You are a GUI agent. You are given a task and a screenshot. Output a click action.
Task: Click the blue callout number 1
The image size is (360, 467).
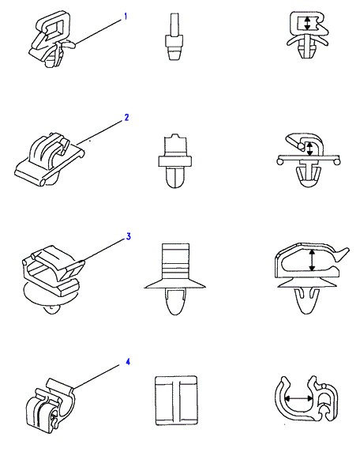click(x=126, y=17)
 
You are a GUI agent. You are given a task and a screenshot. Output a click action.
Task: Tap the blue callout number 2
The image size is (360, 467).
click(x=126, y=118)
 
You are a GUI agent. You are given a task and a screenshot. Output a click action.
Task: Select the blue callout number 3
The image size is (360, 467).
click(x=128, y=236)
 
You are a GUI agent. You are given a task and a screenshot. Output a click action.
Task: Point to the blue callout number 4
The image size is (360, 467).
click(x=128, y=362)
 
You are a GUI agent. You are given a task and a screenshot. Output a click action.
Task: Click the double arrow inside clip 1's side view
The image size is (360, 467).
click(x=307, y=23)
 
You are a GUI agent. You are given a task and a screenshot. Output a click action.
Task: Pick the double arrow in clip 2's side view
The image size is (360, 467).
click(x=309, y=149)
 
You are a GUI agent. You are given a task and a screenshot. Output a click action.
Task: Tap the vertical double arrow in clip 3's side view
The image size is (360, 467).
click(x=312, y=260)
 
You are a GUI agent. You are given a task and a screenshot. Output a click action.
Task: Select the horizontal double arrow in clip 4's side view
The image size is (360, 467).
click(x=298, y=398)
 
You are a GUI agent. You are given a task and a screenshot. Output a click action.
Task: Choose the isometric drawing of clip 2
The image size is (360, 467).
click(x=49, y=160)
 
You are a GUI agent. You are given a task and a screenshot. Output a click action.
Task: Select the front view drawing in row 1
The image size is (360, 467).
click(x=174, y=36)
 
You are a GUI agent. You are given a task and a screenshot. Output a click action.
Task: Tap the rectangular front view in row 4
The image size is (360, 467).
click(x=176, y=401)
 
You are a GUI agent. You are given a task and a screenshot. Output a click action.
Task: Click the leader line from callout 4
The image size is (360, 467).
click(x=96, y=376)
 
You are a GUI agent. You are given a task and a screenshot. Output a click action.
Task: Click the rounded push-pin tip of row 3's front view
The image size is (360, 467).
click(x=175, y=308)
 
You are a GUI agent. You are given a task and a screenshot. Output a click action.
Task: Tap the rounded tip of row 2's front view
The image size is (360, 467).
click(x=175, y=183)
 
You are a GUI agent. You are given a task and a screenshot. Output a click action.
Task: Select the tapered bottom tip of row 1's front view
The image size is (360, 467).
click(x=174, y=56)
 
